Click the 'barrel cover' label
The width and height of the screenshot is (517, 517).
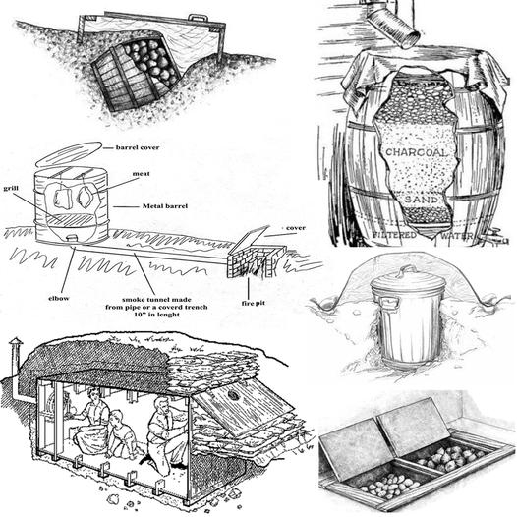(138, 147)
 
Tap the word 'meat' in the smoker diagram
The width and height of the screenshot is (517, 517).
(141, 173)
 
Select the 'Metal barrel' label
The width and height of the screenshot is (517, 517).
(165, 206)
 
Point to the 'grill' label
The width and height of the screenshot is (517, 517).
(11, 189)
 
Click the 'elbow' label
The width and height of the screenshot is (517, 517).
(59, 298)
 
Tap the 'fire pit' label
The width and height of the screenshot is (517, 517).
(253, 303)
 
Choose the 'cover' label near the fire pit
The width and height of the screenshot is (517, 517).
(296, 228)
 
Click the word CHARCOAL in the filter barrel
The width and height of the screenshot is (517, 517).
(417, 152)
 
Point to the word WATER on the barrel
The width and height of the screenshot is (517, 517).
(456, 236)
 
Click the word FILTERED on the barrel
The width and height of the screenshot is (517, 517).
(394, 235)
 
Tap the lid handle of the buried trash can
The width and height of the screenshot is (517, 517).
(405, 271)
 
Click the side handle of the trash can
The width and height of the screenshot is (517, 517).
(388, 301)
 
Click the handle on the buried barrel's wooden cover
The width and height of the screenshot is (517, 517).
(198, 17)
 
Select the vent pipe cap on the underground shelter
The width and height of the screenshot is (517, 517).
(16, 342)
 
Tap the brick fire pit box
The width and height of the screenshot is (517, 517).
(256, 260)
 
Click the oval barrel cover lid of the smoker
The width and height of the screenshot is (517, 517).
(69, 154)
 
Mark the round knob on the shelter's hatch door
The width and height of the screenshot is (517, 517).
(233, 394)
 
